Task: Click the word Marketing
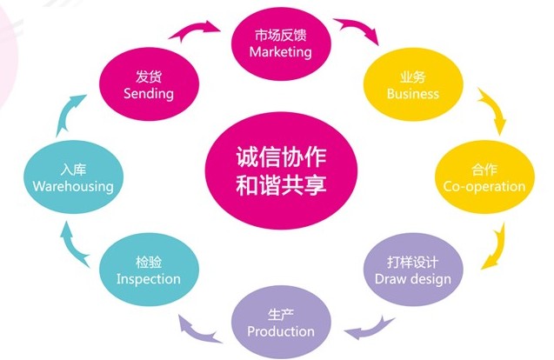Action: click(x=281, y=52)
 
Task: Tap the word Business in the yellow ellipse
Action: click(x=412, y=94)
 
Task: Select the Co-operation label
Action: click(x=484, y=186)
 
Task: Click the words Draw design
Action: click(x=412, y=279)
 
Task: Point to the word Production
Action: click(x=281, y=331)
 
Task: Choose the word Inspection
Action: click(x=149, y=279)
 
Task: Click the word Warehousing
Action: click(x=73, y=186)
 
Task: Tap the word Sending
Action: click(x=149, y=94)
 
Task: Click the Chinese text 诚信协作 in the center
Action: click(x=281, y=157)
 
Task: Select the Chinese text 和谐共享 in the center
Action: click(x=281, y=184)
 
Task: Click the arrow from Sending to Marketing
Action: click(x=194, y=29)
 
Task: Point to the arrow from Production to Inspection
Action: click(x=197, y=331)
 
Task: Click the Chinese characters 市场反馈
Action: click(x=281, y=36)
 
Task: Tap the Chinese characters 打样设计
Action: click(x=412, y=262)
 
